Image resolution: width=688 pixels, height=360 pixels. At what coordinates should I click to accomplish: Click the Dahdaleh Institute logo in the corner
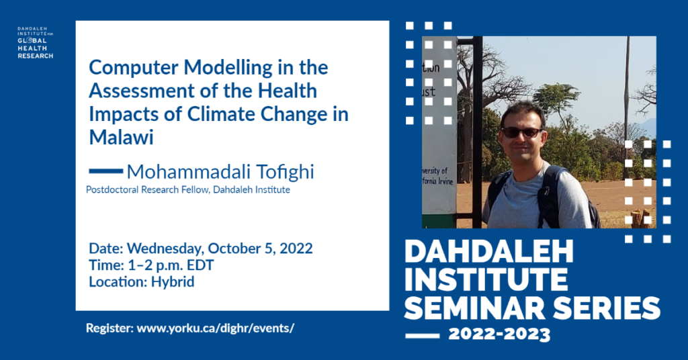[x=35, y=42]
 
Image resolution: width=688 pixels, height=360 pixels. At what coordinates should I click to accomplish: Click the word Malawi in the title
[x=121, y=137]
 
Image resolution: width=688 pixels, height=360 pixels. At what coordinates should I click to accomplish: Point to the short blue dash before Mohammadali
[x=105, y=171]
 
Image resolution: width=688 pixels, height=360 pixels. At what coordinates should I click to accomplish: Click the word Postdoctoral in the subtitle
[x=112, y=190]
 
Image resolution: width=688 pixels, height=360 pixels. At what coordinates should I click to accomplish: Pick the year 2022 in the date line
[x=296, y=249]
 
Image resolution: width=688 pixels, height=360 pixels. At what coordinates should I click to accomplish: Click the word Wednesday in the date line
[x=165, y=249]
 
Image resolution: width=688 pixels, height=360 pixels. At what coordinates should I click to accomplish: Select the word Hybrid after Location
[x=173, y=282]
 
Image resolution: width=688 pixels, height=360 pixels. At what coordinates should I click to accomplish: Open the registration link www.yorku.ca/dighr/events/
[x=216, y=328]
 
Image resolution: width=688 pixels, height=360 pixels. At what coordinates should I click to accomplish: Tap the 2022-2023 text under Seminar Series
[x=499, y=335]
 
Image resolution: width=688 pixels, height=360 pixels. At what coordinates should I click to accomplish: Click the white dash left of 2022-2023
[x=422, y=336]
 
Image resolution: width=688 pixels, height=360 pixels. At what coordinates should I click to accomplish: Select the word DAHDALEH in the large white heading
[x=489, y=252]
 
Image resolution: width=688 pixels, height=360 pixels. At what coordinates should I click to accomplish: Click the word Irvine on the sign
[x=445, y=180]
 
